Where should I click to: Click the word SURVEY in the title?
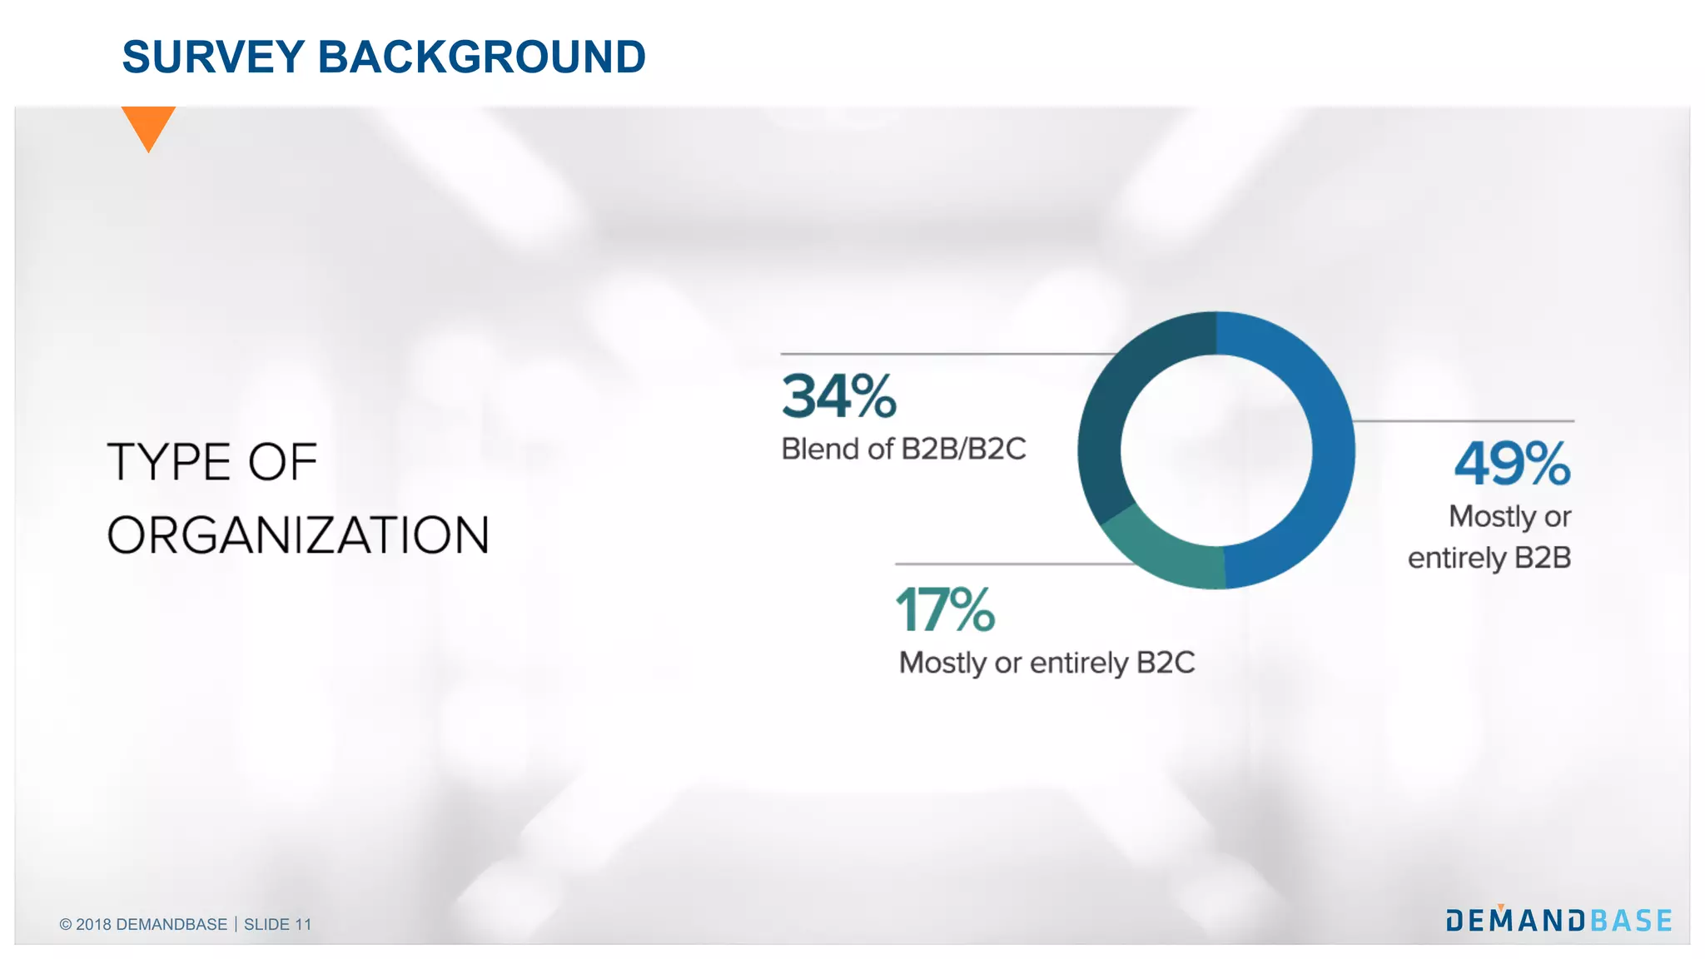click(213, 57)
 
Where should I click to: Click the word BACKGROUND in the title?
click(481, 57)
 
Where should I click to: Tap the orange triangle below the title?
click(148, 125)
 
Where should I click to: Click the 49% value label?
click(1512, 464)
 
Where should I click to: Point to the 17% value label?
click(945, 610)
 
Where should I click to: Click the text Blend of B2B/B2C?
click(903, 450)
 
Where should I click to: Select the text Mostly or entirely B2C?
click(1046, 663)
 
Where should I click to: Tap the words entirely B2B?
click(1489, 558)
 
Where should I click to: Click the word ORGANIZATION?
click(298, 535)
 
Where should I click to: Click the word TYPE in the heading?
click(169, 463)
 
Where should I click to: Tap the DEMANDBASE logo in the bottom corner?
click(1558, 921)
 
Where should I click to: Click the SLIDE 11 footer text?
click(277, 925)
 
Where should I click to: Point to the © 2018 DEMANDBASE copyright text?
click(143, 925)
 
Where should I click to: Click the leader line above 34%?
click(941, 355)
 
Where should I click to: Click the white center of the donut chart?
click(1216, 450)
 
